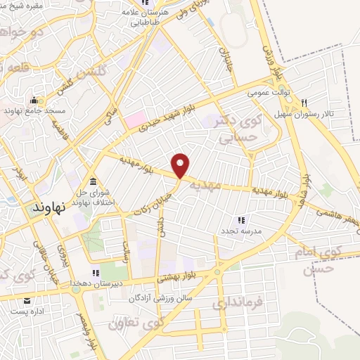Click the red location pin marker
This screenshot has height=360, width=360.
pos(181,165)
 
